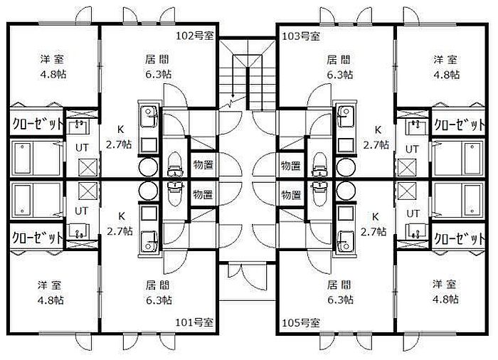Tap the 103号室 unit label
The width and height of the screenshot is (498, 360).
point(301,36)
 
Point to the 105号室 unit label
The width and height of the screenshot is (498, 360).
point(301,322)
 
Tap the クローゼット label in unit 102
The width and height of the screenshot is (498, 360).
point(37,123)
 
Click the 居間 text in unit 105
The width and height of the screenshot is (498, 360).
point(337,284)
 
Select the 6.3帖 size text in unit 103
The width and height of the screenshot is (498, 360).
point(337,74)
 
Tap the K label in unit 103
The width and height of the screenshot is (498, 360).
point(378,129)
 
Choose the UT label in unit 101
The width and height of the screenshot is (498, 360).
point(82,211)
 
